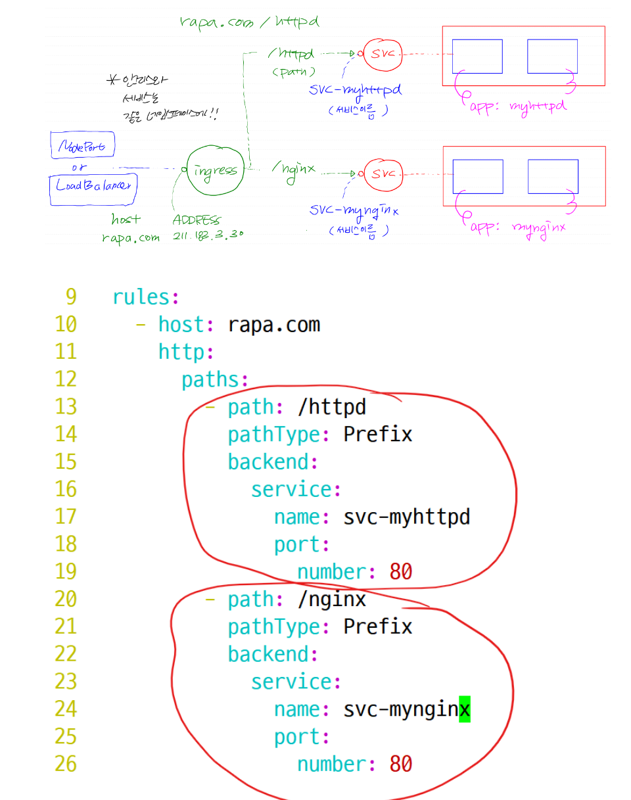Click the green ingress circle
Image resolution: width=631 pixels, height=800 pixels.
(x=214, y=170)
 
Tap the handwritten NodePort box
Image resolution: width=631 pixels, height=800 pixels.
(x=82, y=145)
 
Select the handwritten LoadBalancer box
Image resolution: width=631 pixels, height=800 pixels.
(x=93, y=186)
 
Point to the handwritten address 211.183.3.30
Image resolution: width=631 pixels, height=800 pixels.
(x=208, y=235)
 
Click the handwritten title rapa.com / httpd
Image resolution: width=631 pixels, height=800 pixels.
(x=249, y=22)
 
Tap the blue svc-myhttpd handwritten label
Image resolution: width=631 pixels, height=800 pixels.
(x=354, y=89)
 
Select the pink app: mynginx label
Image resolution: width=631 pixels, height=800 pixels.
(x=517, y=227)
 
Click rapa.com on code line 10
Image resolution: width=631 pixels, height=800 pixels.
(x=274, y=325)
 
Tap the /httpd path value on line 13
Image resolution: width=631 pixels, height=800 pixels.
(x=331, y=408)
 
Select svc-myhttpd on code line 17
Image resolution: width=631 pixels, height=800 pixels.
(x=407, y=517)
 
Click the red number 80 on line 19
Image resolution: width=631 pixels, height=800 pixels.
(x=400, y=572)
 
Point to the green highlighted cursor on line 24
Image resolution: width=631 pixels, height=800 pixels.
(x=465, y=709)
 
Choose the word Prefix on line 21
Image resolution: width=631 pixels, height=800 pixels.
(x=378, y=626)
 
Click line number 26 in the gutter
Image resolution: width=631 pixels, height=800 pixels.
(x=65, y=764)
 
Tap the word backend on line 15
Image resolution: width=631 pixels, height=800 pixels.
(x=268, y=462)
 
